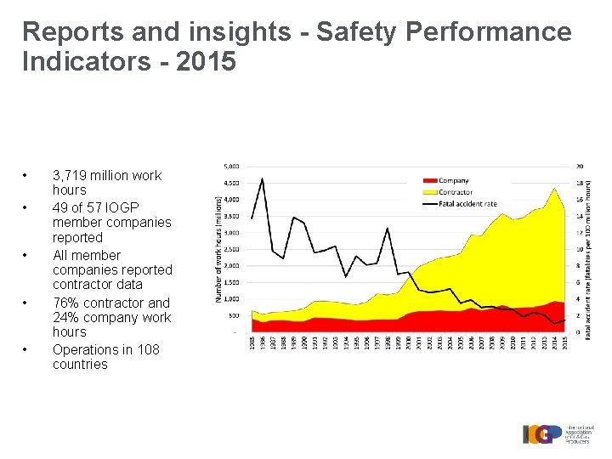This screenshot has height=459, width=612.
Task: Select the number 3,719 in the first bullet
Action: coord(71,176)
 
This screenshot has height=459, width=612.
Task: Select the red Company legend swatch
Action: coord(430,181)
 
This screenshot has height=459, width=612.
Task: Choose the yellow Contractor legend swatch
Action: coord(430,192)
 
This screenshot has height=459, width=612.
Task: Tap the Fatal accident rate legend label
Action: coord(467,203)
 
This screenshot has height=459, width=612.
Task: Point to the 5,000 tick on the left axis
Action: coord(230,166)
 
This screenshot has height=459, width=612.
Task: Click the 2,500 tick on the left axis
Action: coord(230,249)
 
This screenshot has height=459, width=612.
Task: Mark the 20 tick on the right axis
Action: coord(580,166)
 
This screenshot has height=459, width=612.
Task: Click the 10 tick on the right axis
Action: coord(580,249)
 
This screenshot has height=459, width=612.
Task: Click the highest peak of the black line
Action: coord(263,178)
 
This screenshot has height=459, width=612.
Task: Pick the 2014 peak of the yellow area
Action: coord(554,188)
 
